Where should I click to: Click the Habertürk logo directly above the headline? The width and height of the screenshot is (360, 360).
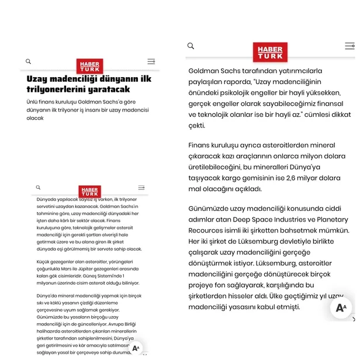(x=89, y=66)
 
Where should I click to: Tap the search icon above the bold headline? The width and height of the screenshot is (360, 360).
(x=28, y=61)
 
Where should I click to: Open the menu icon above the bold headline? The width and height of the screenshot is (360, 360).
(x=151, y=61)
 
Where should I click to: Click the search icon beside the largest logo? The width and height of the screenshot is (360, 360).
(x=191, y=46)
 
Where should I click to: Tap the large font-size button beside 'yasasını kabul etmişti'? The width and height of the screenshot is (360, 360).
(x=341, y=307)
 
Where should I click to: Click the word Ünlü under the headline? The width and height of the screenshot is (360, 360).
(x=33, y=102)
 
